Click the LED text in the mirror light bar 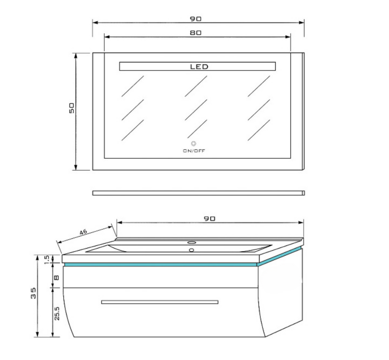(x=199, y=67)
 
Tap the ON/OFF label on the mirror (x=194, y=151)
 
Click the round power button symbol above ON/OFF (x=194, y=143)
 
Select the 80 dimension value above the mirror (x=196, y=33)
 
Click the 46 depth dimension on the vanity (x=83, y=232)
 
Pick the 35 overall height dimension (x=33, y=293)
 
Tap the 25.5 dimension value (x=57, y=313)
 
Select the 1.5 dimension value (x=46, y=260)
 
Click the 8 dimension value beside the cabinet (x=57, y=278)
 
